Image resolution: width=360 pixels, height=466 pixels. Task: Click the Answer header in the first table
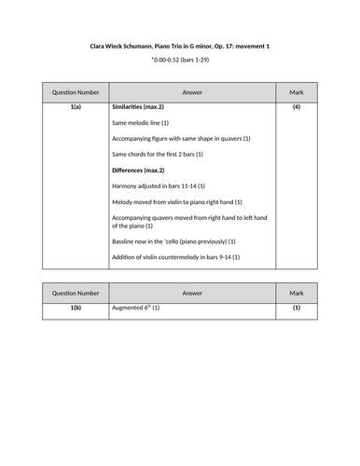192,93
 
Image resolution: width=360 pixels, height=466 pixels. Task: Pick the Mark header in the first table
297,93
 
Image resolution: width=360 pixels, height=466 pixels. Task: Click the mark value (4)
297,108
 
